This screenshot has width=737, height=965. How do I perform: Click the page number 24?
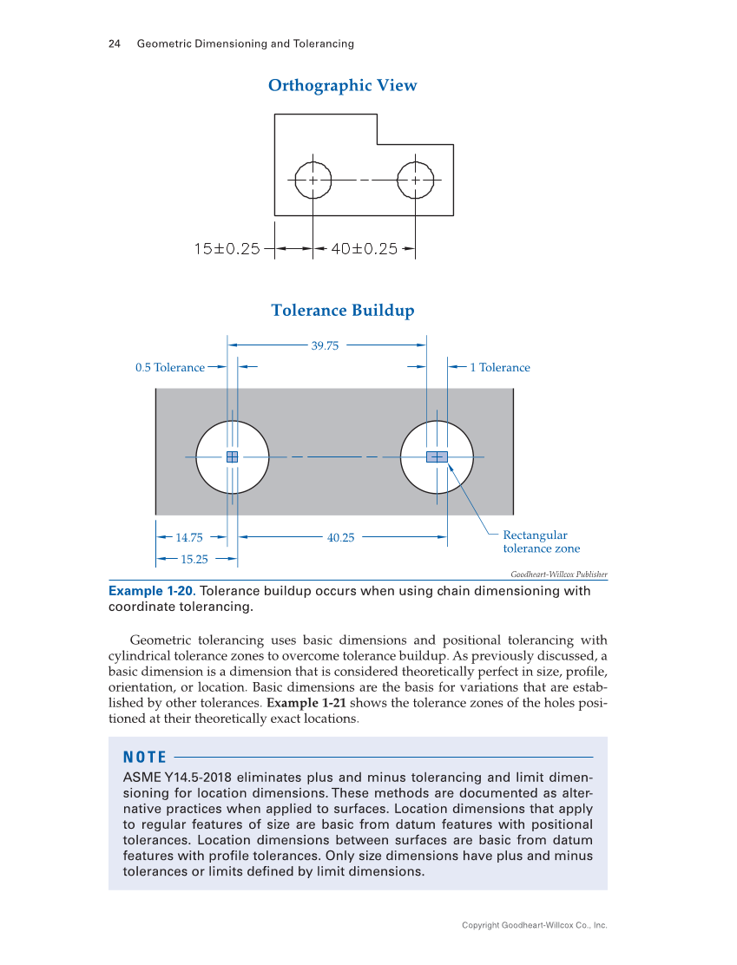point(113,44)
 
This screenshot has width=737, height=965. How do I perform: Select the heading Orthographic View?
point(342,85)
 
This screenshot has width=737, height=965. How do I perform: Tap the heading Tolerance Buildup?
point(342,311)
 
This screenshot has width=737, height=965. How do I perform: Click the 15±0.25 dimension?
point(227,249)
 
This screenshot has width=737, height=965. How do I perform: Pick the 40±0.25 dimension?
point(365,249)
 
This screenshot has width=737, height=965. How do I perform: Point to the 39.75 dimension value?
point(325,345)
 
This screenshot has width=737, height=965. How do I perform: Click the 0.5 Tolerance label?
point(170,368)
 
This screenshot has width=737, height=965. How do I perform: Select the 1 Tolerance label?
point(499,368)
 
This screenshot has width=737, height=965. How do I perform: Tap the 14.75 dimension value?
point(189,538)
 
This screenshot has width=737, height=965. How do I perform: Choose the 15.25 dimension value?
point(194,559)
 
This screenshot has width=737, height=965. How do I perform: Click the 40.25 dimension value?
point(340,538)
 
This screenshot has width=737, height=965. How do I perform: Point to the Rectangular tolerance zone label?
point(541,542)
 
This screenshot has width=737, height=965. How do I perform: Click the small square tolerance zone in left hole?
point(232,456)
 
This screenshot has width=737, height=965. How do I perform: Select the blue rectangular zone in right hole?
point(437,456)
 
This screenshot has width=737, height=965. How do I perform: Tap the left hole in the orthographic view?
point(313,181)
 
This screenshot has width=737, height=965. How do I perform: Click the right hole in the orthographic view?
point(415,181)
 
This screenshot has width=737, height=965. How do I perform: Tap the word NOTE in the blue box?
point(145,758)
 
